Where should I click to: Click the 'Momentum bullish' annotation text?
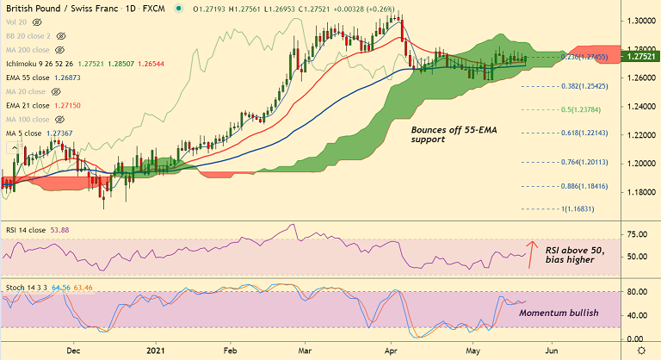[559, 313]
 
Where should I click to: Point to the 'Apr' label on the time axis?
[392, 351]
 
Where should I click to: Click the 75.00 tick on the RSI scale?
[637, 233]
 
